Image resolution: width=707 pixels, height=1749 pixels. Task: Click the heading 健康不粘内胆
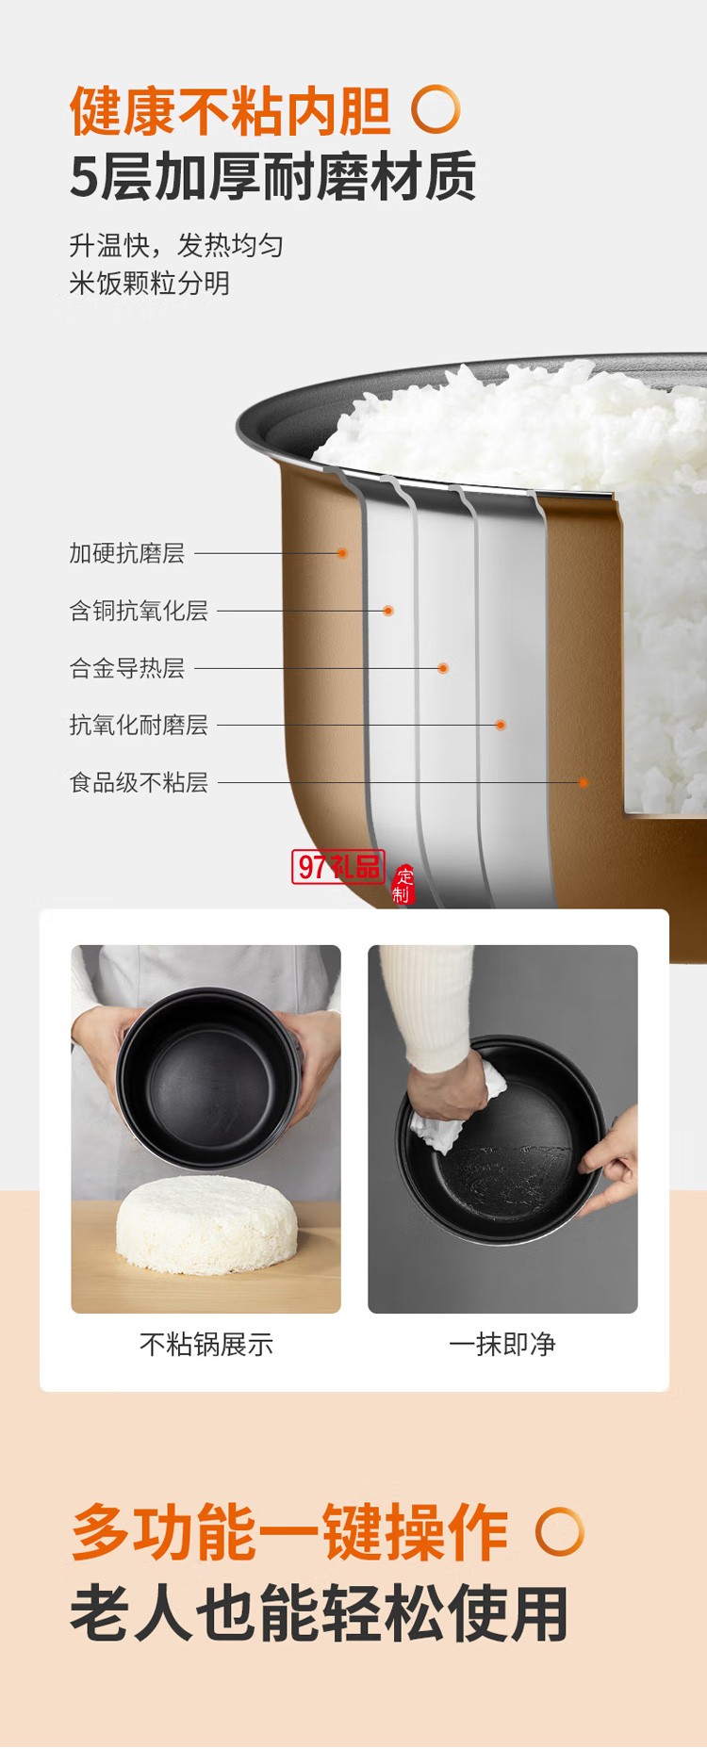(x=230, y=111)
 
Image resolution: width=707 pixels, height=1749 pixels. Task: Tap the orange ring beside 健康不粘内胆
(x=436, y=109)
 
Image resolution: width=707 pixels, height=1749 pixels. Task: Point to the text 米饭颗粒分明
(x=149, y=283)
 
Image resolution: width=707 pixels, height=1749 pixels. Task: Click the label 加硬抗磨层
(x=126, y=553)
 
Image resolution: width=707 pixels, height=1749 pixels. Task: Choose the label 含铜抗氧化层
(x=139, y=611)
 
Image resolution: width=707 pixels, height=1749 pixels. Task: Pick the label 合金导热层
(x=126, y=668)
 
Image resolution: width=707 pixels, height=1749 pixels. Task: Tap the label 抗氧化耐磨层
(x=139, y=725)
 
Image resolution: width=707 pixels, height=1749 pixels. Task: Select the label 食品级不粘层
(x=139, y=782)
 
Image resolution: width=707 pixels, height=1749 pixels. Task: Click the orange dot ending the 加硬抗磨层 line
(x=342, y=553)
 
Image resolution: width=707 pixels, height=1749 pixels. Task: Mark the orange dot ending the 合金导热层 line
(x=443, y=668)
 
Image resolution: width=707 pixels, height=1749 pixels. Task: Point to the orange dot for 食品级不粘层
(x=584, y=782)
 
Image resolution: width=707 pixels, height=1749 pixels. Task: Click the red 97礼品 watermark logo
(x=338, y=866)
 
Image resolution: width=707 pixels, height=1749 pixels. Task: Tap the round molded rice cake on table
(x=206, y=1225)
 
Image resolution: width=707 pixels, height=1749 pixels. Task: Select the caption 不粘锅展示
(x=206, y=1344)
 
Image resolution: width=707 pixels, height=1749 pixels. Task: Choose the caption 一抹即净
(x=502, y=1344)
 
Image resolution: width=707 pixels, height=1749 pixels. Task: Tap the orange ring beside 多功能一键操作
(x=560, y=1532)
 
